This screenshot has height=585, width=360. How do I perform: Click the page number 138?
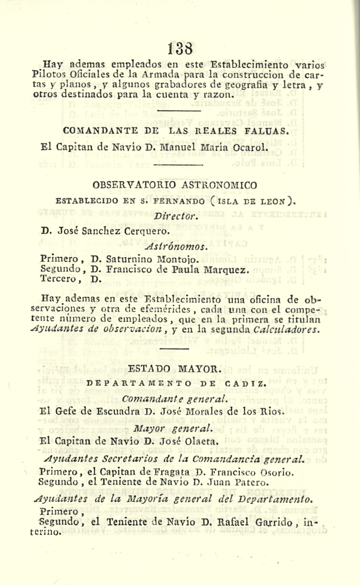point(180,49)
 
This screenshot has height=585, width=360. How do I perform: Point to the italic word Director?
point(176,217)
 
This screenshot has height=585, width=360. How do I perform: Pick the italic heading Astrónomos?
point(175,247)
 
